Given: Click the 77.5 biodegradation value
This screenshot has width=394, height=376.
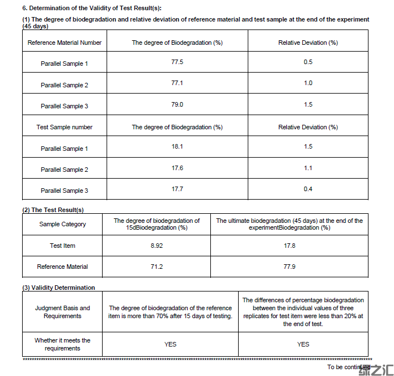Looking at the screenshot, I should pyautogui.click(x=177, y=62).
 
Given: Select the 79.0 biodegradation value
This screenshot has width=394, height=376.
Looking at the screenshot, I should pyautogui.click(x=177, y=104).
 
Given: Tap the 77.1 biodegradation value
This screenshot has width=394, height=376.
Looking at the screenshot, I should pyautogui.click(x=177, y=83).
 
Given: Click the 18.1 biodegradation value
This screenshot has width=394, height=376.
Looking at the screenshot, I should pyautogui.click(x=177, y=146).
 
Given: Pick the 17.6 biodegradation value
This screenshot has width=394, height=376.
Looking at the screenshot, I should pyautogui.click(x=177, y=168).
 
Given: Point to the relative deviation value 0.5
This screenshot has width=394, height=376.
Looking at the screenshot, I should pyautogui.click(x=308, y=62).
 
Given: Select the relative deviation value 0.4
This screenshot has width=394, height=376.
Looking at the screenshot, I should pyautogui.click(x=308, y=189).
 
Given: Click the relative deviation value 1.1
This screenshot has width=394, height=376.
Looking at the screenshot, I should pyautogui.click(x=308, y=168).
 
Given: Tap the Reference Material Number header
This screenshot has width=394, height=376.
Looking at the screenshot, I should pyautogui.click(x=65, y=43).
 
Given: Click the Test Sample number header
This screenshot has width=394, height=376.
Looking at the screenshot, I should pyautogui.click(x=65, y=127).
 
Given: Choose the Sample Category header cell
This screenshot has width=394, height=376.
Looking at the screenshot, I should pyautogui.click(x=62, y=224).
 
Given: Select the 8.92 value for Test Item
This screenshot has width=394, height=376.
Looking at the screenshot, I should pyautogui.click(x=156, y=246).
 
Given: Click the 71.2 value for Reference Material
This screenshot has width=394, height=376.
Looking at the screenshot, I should pyautogui.click(x=156, y=267).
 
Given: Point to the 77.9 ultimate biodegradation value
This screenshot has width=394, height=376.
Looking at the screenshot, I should pyautogui.click(x=289, y=267).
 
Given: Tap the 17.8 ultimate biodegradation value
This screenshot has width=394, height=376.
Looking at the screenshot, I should pyautogui.click(x=289, y=246).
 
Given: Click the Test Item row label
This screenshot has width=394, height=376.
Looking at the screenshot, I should pyautogui.click(x=62, y=246).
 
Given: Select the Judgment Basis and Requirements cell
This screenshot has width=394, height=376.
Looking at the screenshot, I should pyautogui.click(x=62, y=312).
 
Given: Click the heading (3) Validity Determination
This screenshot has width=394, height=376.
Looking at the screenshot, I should pyautogui.click(x=59, y=288).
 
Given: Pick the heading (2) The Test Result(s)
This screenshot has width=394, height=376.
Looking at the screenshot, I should pyautogui.click(x=53, y=210).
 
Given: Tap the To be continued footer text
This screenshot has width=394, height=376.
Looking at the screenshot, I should pyautogui.click(x=348, y=367).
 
